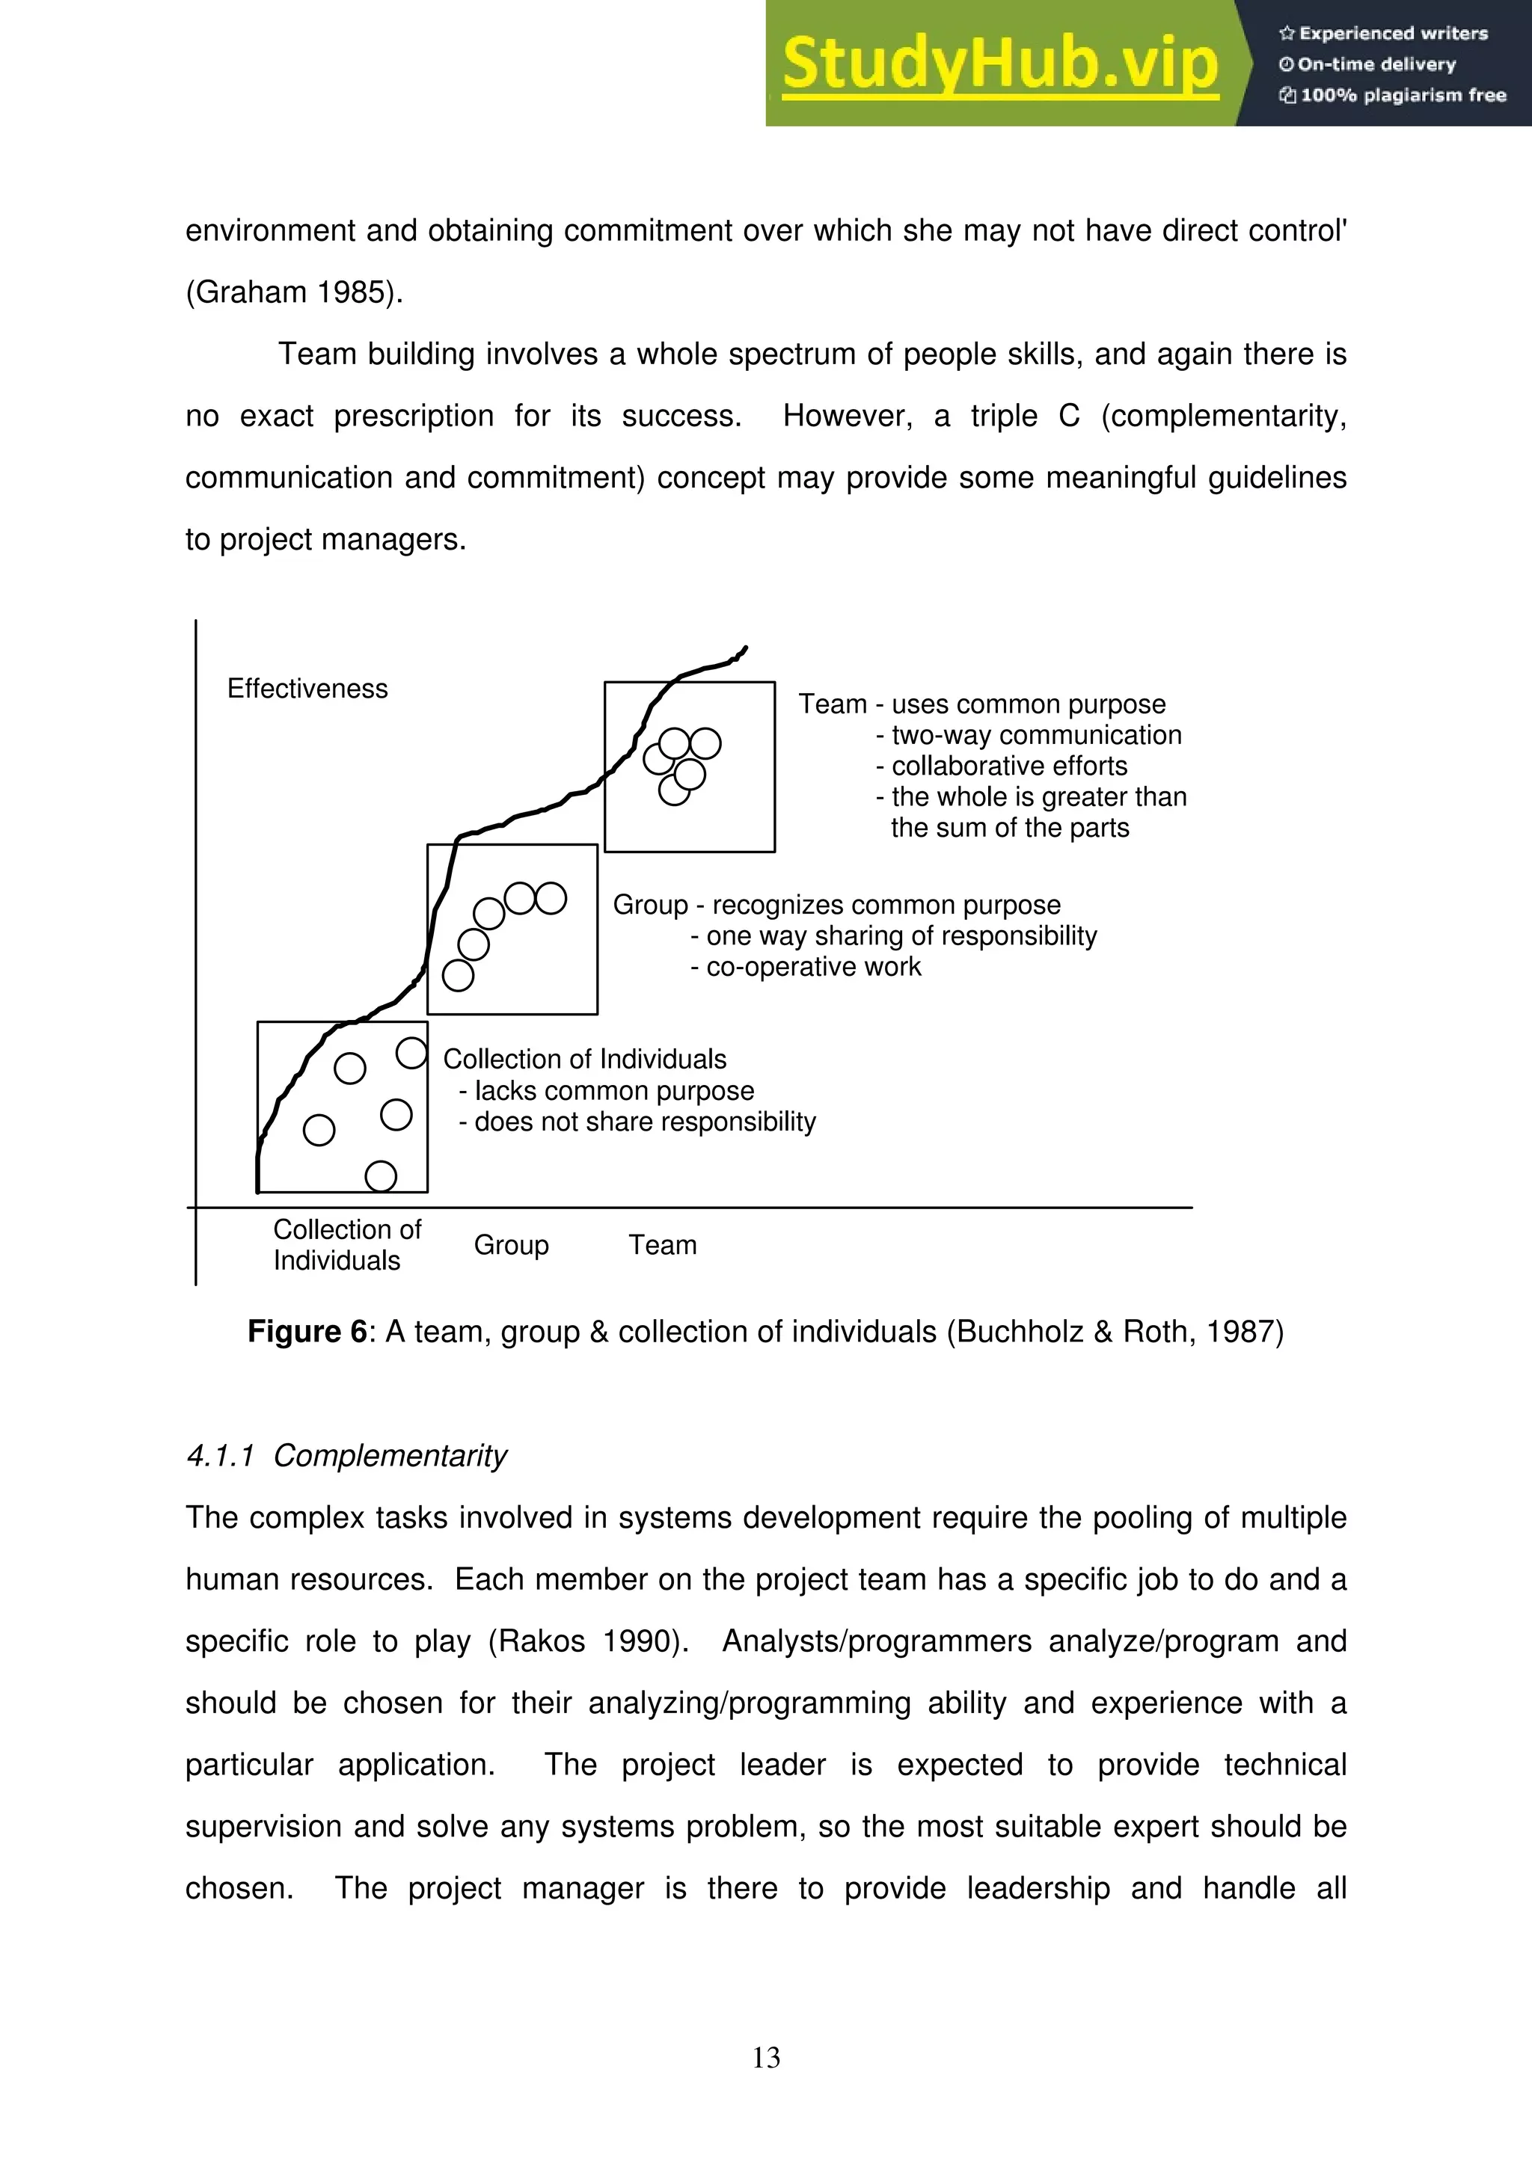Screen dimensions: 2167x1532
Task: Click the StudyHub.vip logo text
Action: click(999, 64)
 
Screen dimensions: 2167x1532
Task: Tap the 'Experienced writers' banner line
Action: click(1384, 34)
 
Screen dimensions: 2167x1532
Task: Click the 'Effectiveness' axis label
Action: click(307, 689)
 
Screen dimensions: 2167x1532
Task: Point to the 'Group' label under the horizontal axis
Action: click(511, 1245)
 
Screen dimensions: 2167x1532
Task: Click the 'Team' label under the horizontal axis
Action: click(663, 1245)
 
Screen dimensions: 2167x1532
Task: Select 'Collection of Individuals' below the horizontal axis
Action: click(346, 1245)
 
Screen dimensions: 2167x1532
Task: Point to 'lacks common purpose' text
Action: click(613, 1091)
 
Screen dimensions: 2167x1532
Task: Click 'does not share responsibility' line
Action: click(644, 1122)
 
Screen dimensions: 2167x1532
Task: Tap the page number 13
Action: click(765, 2058)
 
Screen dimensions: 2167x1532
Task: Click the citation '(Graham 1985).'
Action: click(293, 292)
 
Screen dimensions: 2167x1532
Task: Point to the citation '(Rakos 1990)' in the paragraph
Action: click(584, 1641)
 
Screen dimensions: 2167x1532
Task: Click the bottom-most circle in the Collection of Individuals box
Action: click(381, 1176)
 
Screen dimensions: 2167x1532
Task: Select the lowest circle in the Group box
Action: click(458, 975)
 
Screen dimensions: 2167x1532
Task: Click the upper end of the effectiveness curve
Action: click(745, 648)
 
